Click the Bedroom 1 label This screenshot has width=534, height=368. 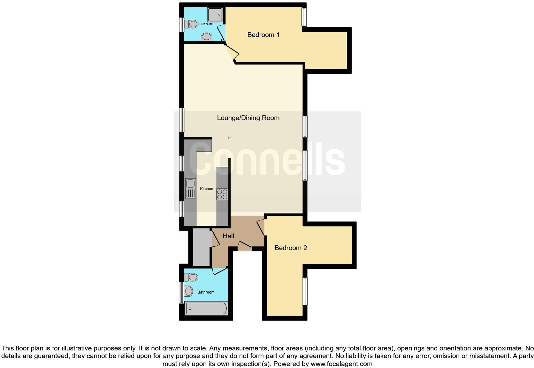point(263,35)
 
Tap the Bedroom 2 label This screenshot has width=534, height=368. point(291,248)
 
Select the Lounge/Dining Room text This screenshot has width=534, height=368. point(248,118)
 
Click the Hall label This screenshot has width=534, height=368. point(228,236)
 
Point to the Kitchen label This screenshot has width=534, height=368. point(206,189)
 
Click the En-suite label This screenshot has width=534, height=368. point(207,24)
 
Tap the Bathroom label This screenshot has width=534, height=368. point(206,292)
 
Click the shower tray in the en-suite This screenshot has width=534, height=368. point(215,15)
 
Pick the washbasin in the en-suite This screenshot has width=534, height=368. point(207,37)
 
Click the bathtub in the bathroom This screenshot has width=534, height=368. point(206,309)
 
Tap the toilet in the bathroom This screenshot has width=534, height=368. point(192,277)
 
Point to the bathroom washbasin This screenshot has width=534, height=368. point(189,291)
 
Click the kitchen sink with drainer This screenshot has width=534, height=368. point(190,188)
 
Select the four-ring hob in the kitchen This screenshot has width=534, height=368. point(222,194)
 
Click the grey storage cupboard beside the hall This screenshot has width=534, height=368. point(201,247)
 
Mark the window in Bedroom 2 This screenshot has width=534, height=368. point(305,291)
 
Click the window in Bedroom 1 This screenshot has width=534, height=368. point(304,17)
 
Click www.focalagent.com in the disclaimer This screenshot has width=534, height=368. point(341,364)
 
